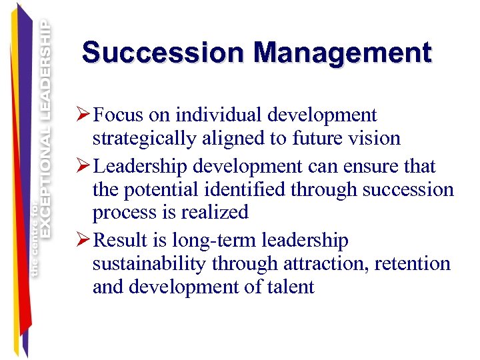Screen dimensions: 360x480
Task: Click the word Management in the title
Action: point(343,53)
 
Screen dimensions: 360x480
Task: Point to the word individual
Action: point(213,116)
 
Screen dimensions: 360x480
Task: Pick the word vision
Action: point(377,139)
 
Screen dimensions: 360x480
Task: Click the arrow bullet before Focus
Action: point(84,116)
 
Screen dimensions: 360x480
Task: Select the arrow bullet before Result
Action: point(84,240)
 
